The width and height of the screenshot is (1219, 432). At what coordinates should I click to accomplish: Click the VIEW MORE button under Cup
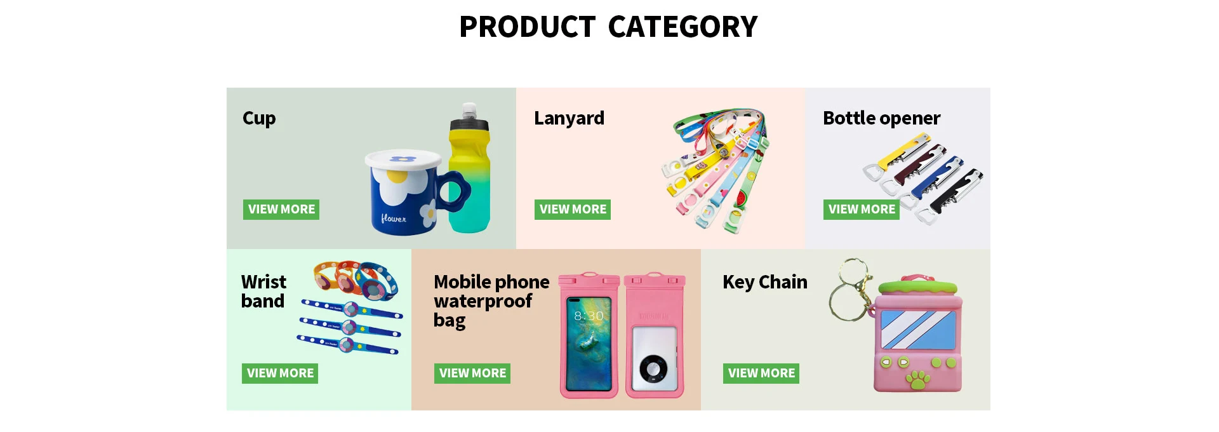(281, 210)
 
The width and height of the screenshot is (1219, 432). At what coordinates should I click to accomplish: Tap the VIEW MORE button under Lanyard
(573, 210)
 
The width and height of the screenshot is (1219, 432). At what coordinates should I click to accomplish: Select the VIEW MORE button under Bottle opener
(862, 210)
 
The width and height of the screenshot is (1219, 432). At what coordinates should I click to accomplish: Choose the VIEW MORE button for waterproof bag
(472, 374)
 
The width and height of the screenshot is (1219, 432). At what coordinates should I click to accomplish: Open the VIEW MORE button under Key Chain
(761, 374)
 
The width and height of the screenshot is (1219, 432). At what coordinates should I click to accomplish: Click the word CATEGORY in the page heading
(683, 27)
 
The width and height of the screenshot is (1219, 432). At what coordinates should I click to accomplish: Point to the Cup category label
(259, 119)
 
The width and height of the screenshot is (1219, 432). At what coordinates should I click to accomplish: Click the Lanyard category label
(569, 119)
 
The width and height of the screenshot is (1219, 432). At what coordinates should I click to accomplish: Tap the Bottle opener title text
(881, 119)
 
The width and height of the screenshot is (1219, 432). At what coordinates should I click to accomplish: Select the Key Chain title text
(765, 282)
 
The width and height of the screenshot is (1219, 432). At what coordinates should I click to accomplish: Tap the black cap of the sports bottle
(469, 123)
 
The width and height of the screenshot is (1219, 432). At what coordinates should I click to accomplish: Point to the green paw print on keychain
(918, 380)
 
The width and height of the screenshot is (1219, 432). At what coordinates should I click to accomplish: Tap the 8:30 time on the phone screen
(589, 316)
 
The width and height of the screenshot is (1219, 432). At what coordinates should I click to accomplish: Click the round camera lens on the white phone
(653, 368)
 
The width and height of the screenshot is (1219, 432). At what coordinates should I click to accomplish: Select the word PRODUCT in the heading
(527, 27)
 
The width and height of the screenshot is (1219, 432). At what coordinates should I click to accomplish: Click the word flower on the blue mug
(394, 219)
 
